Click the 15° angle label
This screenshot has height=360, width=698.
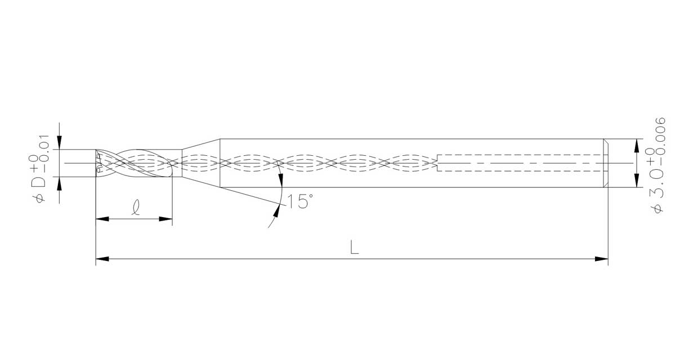(x=299, y=201)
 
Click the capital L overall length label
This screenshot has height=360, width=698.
(x=354, y=247)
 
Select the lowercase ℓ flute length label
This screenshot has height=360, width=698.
(x=136, y=208)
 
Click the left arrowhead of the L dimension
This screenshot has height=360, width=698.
(x=102, y=259)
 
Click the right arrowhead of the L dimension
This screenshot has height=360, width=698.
(x=601, y=259)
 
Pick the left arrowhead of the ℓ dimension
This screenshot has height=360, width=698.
(x=102, y=219)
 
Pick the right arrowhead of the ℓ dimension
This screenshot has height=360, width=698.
(x=165, y=219)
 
